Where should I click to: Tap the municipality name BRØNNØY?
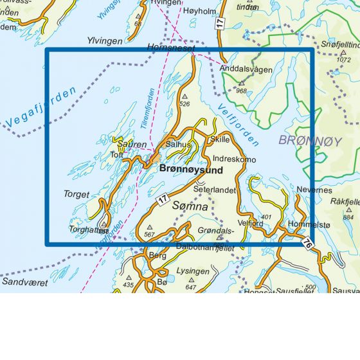click(309, 139)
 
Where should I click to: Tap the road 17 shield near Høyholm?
click(220, 23)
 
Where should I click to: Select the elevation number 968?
click(241, 91)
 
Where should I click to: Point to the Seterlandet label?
click(216, 190)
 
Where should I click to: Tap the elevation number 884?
click(348, 217)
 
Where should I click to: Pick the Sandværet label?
click(22, 282)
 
